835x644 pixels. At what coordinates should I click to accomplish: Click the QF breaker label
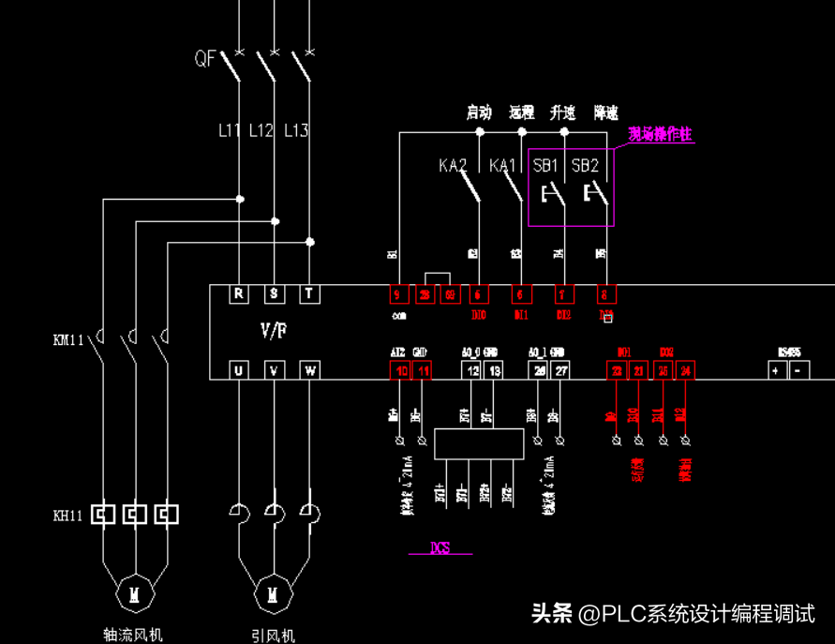205,59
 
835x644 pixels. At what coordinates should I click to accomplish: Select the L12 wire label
261,130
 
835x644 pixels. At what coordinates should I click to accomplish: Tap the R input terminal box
239,294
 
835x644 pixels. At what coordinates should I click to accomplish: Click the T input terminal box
309,294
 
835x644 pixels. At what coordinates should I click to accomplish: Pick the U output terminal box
239,371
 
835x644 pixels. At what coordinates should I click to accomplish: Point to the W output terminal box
309,371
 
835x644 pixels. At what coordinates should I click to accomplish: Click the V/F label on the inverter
274,331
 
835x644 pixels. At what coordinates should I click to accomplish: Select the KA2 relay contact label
453,166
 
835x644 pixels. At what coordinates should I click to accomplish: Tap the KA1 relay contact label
503,166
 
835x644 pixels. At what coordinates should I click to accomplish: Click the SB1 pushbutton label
545,166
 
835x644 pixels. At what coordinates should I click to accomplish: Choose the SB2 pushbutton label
585,166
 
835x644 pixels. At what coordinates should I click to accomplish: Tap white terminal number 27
560,371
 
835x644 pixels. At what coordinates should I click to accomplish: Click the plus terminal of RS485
776,371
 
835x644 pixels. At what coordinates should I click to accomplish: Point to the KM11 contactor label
68,339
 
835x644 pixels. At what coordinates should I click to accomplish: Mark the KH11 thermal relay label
68,516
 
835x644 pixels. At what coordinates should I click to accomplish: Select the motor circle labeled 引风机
273,593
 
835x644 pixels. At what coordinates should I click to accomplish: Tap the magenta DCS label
440,548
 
